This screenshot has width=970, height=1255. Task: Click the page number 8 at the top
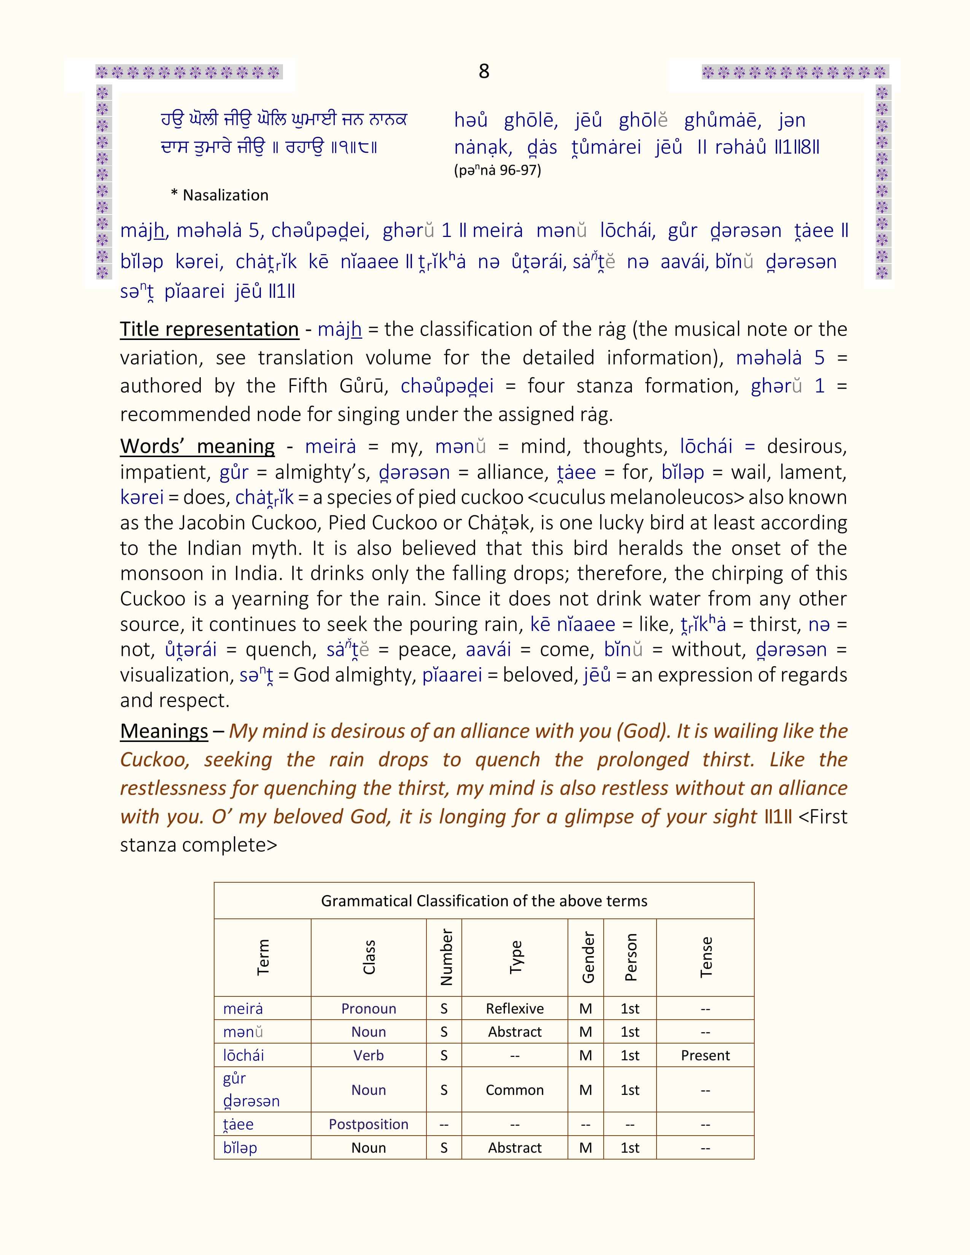pyautogui.click(x=484, y=71)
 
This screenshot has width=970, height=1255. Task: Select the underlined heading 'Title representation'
pyautogui.click(x=209, y=329)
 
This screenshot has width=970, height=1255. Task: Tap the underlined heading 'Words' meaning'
pyautogui.click(x=197, y=446)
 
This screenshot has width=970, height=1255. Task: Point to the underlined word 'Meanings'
pyautogui.click(x=164, y=731)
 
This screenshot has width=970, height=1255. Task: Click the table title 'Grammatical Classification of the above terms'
pyautogui.click(x=484, y=901)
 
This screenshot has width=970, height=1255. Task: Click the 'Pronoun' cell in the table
pyautogui.click(x=368, y=1009)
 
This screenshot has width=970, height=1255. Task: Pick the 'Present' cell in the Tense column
pyautogui.click(x=705, y=1055)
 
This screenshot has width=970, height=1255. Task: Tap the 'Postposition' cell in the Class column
pyautogui.click(x=368, y=1124)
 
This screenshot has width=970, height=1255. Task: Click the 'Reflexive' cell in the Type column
pyautogui.click(x=514, y=1009)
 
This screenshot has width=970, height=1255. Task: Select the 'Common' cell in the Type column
pyautogui.click(x=514, y=1090)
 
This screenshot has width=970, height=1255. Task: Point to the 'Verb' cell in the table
pyautogui.click(x=368, y=1055)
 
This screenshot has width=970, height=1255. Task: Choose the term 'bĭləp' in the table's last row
pyautogui.click(x=240, y=1147)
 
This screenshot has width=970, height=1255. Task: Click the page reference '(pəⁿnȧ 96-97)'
pyautogui.click(x=497, y=170)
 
